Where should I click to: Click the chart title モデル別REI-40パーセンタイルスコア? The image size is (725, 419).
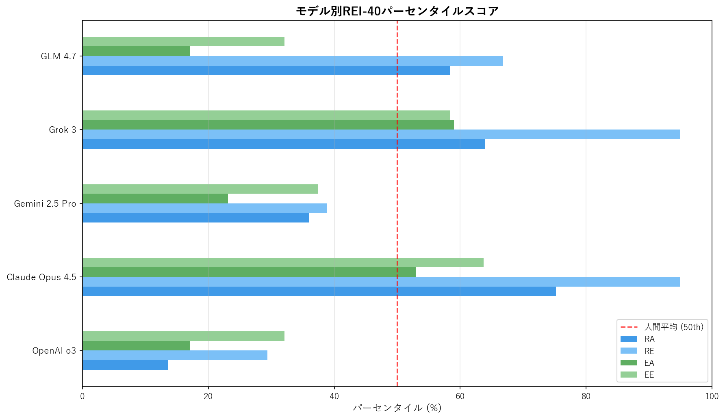[x=397, y=11]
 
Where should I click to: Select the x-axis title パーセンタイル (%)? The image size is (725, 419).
[x=397, y=408]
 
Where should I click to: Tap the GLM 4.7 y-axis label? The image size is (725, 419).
[x=59, y=56]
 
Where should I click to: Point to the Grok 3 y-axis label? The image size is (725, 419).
[x=63, y=130]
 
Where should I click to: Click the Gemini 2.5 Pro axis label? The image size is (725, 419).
[x=45, y=204]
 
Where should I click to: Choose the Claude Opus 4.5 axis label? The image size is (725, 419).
[x=41, y=277]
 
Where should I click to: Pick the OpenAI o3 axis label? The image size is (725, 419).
[x=54, y=351]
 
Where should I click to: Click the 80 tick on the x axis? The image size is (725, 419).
[x=586, y=397]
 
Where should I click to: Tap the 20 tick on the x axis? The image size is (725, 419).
[x=208, y=397]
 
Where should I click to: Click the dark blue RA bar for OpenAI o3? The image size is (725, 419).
[x=125, y=365]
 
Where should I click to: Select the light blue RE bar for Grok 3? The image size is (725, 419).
[x=381, y=135]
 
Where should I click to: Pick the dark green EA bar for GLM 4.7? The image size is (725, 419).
[x=136, y=52]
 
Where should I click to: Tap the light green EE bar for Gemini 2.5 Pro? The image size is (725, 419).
[x=200, y=189]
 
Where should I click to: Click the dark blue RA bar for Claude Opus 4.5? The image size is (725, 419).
[x=319, y=292]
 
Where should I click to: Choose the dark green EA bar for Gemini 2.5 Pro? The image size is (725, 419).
[x=155, y=199]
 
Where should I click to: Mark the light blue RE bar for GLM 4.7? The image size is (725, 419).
[x=293, y=61]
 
